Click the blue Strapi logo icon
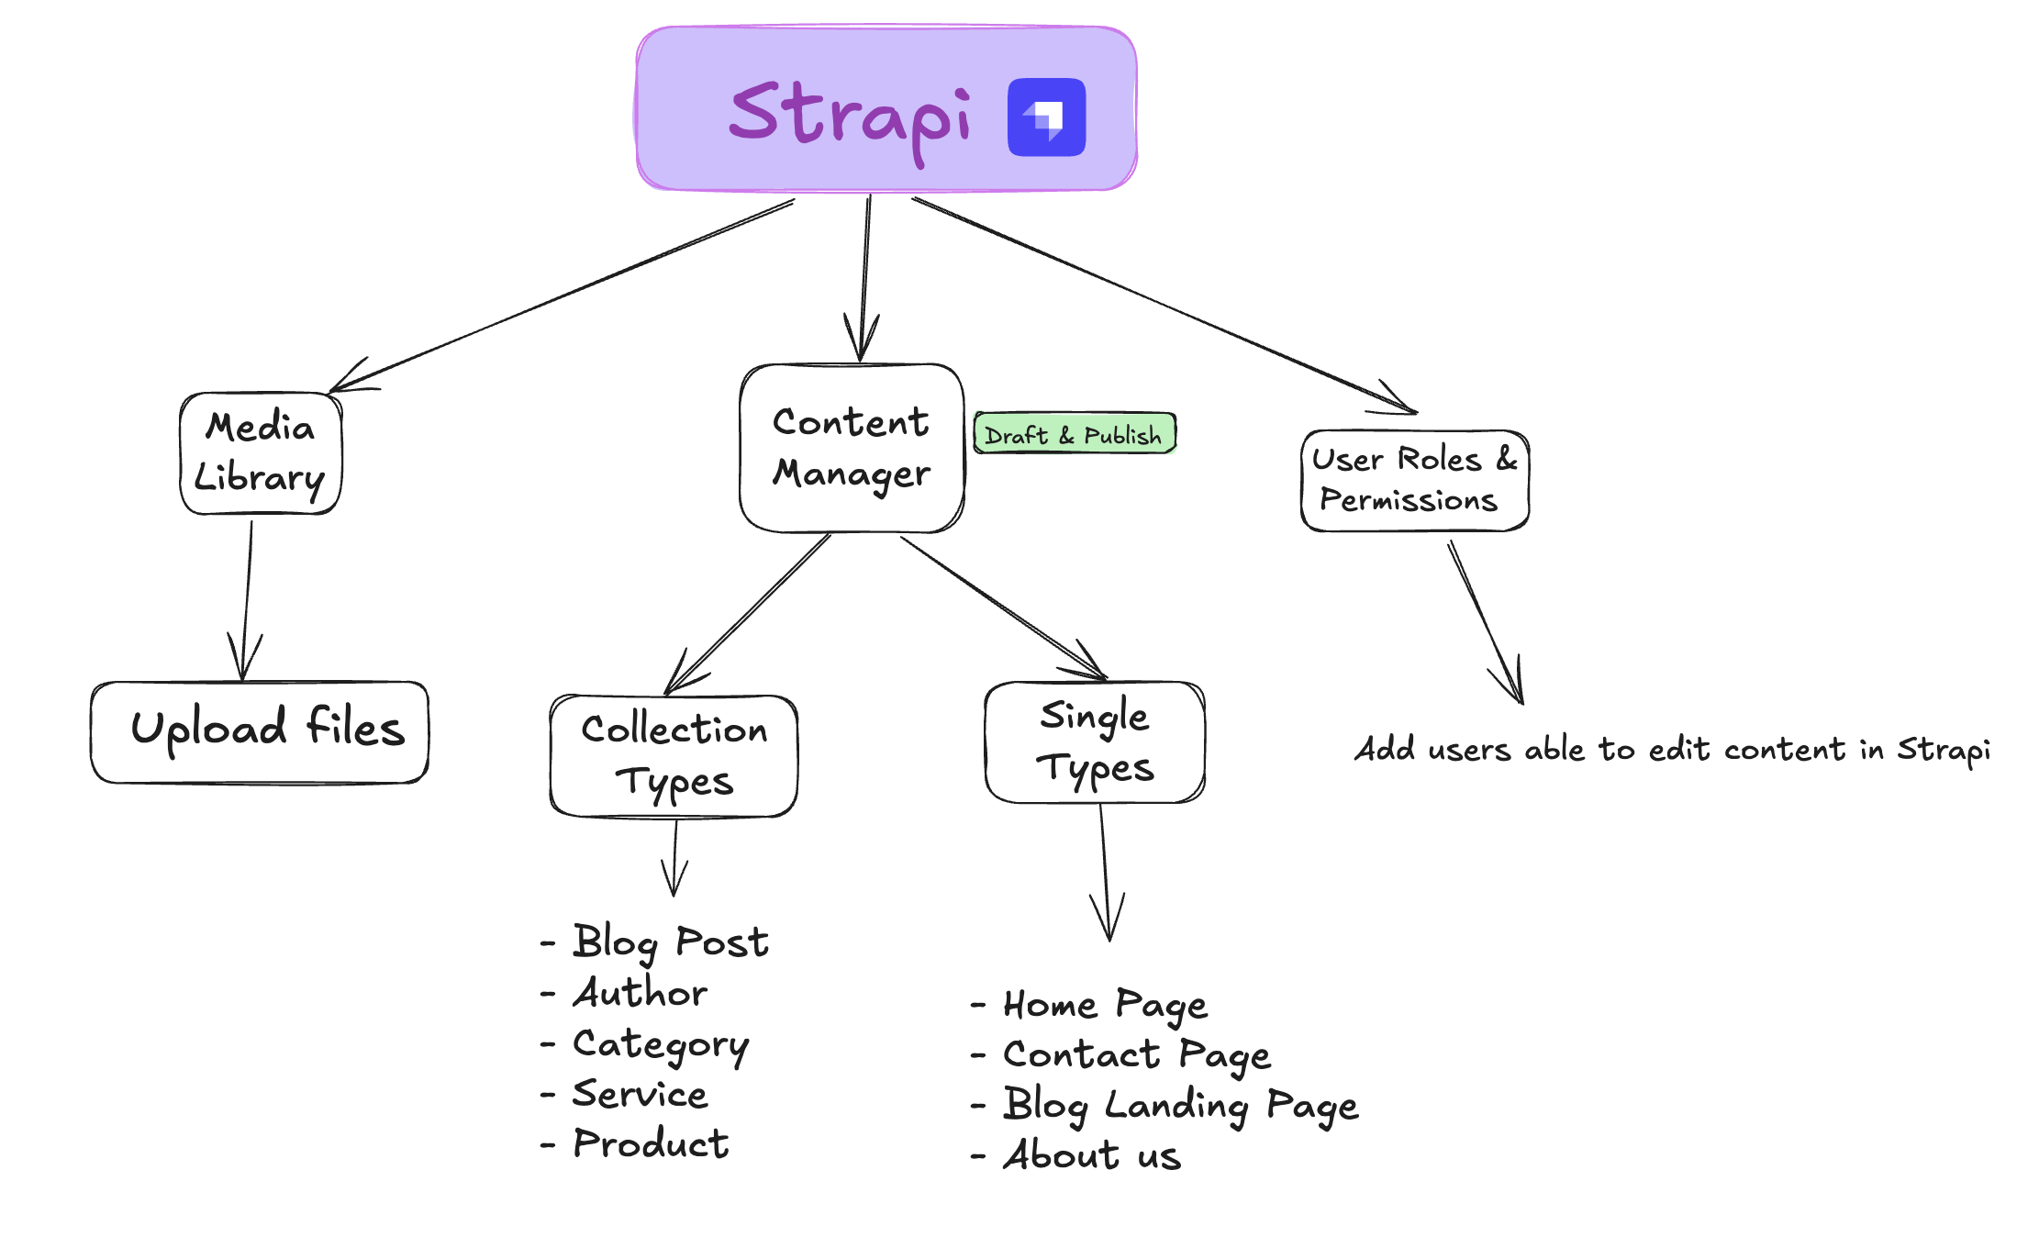coord(1046,117)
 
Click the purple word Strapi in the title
coord(850,116)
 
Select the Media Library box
coord(261,453)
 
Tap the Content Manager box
coord(852,448)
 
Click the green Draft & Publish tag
coord(1075,434)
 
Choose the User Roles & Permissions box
coord(1414,480)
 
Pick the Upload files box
coord(260,731)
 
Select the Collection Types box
coord(674,756)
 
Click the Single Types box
coord(1094,741)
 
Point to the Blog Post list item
coord(670,942)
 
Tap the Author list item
coord(640,993)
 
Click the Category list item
coord(660,1044)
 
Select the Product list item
coord(650,1144)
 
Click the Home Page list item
coord(1105,1006)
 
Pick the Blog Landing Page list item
coord(1180,1106)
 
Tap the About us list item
coord(1092,1156)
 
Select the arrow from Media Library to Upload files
coord(247,596)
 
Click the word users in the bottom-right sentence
coord(1469,751)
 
